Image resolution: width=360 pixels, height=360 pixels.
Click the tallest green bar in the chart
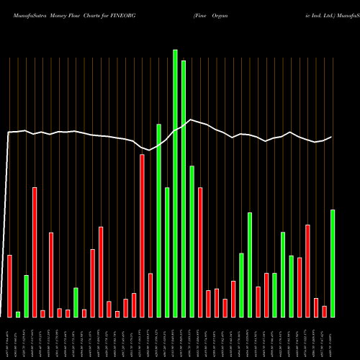click(175, 183)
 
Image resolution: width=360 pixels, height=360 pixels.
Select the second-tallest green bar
click(184, 189)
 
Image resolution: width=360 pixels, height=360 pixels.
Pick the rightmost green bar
click(333, 263)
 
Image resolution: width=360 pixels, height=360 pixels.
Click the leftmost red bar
click(9, 286)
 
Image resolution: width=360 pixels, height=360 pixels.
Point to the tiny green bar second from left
click(18, 314)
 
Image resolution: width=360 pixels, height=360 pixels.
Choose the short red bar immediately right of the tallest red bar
click(150, 295)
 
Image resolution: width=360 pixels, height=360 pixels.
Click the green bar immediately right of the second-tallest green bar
click(192, 241)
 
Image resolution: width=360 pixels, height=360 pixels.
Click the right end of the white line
click(332, 137)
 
